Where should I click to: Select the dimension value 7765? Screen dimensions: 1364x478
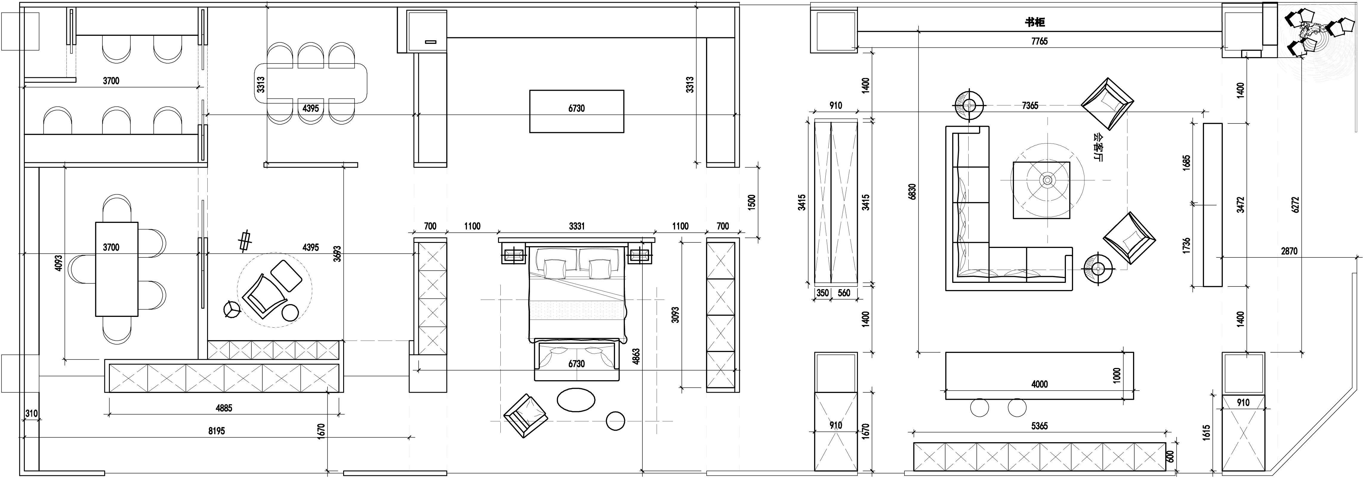click(x=1039, y=41)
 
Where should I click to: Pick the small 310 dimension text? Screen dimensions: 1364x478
click(x=31, y=414)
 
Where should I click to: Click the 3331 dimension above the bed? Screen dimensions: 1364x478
click(x=577, y=226)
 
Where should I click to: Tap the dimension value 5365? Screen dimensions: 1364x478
click(x=1039, y=425)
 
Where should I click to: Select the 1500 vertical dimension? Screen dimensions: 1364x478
click(x=752, y=203)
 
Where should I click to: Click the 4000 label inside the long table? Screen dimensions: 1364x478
click(x=1039, y=384)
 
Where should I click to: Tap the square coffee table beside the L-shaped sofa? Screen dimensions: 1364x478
click(x=1041, y=189)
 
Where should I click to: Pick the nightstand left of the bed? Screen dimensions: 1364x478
click(x=513, y=256)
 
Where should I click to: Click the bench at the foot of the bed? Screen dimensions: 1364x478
click(x=577, y=360)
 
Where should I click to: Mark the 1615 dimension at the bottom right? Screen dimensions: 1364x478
click(x=1217, y=432)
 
